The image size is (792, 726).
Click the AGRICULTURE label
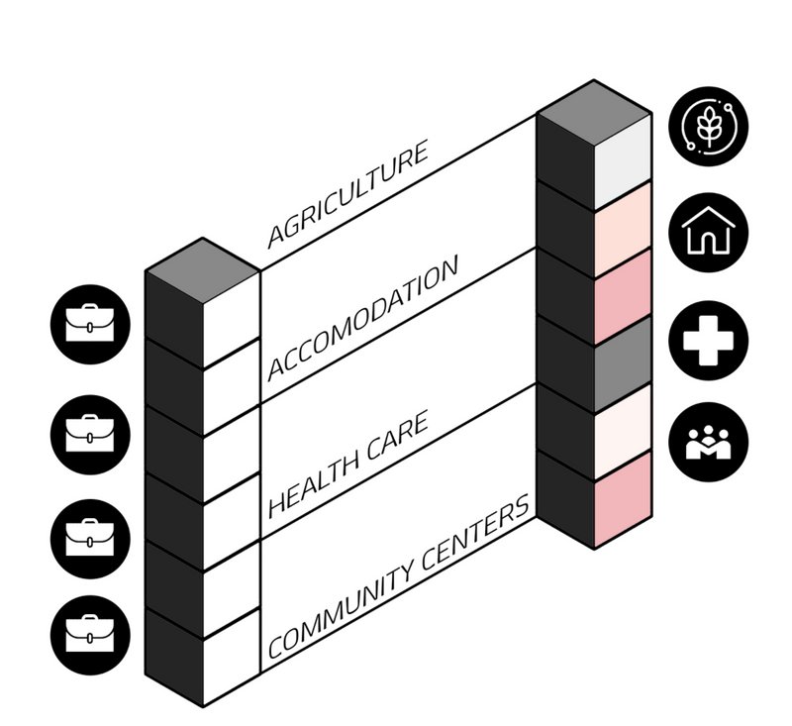(348, 194)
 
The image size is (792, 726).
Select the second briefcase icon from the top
(90, 432)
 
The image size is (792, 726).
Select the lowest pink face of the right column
(622, 498)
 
